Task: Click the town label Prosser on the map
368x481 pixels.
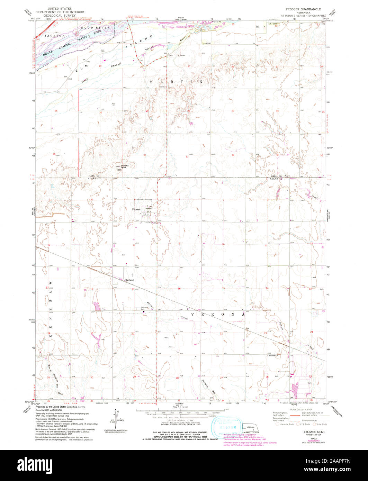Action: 136,209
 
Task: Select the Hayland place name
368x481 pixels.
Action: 129,280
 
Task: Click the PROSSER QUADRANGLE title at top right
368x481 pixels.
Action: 303,9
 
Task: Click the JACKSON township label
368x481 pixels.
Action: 54,36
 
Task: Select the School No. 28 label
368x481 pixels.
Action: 273,355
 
